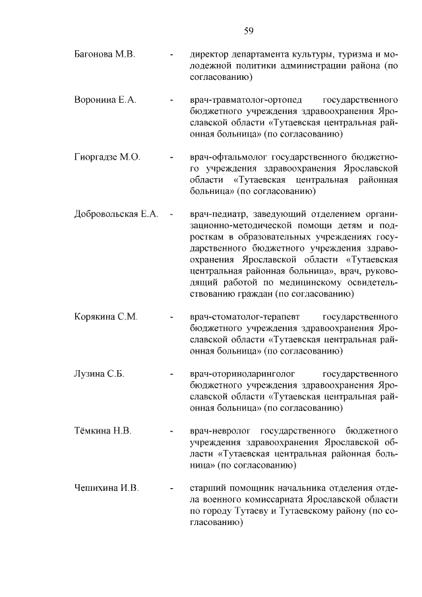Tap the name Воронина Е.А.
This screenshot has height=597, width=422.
click(x=105, y=100)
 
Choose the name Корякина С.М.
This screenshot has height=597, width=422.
click(x=105, y=317)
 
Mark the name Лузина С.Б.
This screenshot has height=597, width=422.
click(x=100, y=374)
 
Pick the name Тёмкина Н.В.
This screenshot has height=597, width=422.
click(x=104, y=431)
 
